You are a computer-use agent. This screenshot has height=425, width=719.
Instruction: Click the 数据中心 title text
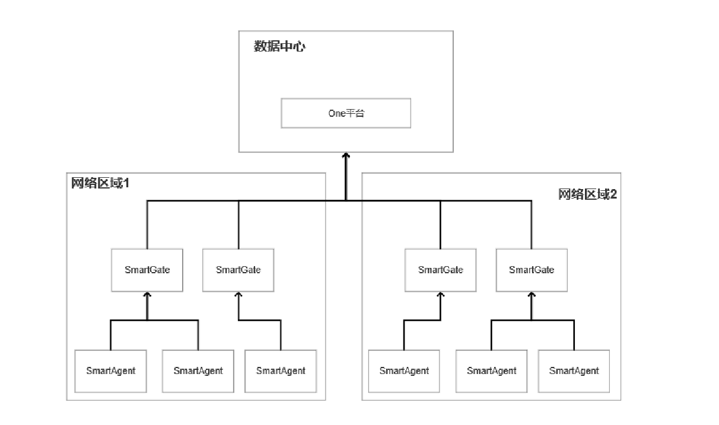pyautogui.click(x=279, y=47)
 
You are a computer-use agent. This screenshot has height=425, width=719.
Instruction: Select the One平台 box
pyautogui.click(x=346, y=113)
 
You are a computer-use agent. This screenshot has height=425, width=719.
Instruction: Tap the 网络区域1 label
pyautogui.click(x=100, y=183)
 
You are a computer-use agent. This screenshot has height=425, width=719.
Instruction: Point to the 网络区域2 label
pyautogui.click(x=587, y=194)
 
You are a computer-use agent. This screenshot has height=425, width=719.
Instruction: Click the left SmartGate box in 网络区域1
pyautogui.click(x=147, y=270)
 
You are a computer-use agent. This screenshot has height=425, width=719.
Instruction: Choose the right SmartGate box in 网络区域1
pyautogui.click(x=238, y=270)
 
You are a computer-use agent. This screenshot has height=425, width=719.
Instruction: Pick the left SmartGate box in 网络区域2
pyautogui.click(x=440, y=270)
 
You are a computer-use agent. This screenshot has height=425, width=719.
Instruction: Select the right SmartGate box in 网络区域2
pyautogui.click(x=532, y=270)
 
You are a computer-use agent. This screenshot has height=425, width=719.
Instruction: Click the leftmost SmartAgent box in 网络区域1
pyautogui.click(x=110, y=371)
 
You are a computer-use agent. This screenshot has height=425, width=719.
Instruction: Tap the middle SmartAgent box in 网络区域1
pyautogui.click(x=198, y=371)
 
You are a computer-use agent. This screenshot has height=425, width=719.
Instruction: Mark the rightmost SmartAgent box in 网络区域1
pyautogui.click(x=281, y=371)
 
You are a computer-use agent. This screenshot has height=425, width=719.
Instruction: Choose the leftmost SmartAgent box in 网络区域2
pyautogui.click(x=404, y=371)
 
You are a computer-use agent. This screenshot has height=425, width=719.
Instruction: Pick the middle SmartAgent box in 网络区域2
pyautogui.click(x=491, y=371)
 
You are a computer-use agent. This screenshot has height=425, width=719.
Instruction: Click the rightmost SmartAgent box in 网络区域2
pyautogui.click(x=574, y=371)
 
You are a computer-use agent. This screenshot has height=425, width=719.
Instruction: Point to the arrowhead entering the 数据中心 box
pyautogui.click(x=346, y=156)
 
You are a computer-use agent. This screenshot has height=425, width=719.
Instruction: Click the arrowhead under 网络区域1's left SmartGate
pyautogui.click(x=147, y=295)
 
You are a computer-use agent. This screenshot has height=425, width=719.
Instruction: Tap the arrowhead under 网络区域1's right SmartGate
pyautogui.click(x=238, y=295)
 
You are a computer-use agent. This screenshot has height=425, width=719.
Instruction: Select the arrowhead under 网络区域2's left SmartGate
pyautogui.click(x=440, y=295)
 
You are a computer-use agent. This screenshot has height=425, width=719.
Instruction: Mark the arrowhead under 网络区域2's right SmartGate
pyautogui.click(x=532, y=295)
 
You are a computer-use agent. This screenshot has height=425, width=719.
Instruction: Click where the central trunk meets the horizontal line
pyautogui.click(x=346, y=200)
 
